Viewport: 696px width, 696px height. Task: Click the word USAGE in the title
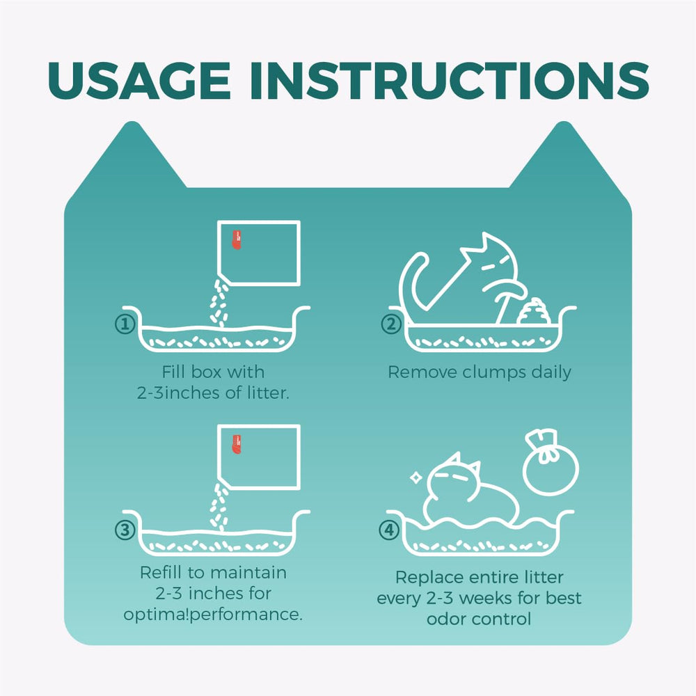click(139, 80)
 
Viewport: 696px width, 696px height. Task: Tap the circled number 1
click(125, 324)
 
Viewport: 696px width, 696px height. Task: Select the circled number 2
click(390, 324)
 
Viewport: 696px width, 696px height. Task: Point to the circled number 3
click(125, 530)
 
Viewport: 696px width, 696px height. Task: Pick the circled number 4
click(389, 530)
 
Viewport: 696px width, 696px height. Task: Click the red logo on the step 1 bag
click(237, 239)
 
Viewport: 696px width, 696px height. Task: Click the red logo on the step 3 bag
click(237, 444)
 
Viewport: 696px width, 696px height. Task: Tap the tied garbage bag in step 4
click(551, 463)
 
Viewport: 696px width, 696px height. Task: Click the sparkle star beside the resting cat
click(416, 477)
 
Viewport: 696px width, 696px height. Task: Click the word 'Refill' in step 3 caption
click(161, 572)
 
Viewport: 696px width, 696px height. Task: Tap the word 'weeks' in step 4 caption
click(484, 598)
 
